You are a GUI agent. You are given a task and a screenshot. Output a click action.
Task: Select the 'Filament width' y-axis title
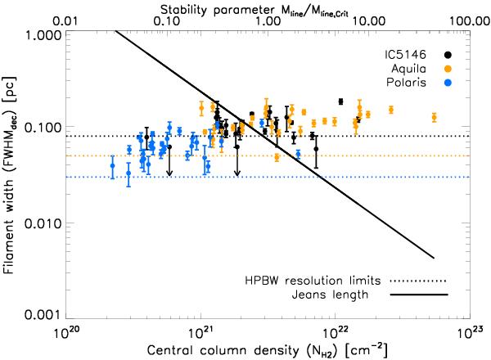[11, 174]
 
